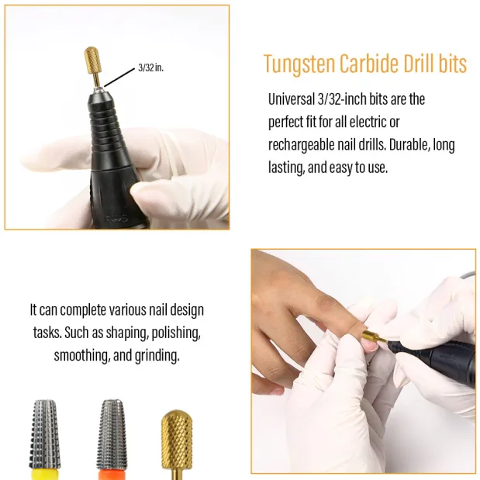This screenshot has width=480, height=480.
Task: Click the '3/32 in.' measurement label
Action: [151, 67]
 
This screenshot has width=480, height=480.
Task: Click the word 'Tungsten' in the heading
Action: [299, 64]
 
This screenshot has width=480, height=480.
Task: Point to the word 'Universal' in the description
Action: [291, 99]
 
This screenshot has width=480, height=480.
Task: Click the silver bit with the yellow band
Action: [45, 439]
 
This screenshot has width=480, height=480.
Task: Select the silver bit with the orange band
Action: [112, 439]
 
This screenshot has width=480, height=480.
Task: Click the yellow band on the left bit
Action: [45, 474]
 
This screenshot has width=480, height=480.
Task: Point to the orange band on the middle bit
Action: [112, 475]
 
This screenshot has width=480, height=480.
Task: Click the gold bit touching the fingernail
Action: [371, 336]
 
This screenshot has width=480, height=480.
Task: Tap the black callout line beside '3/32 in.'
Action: [119, 78]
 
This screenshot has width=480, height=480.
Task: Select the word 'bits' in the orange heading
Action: [452, 64]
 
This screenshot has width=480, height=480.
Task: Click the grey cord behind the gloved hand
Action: [467, 275]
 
